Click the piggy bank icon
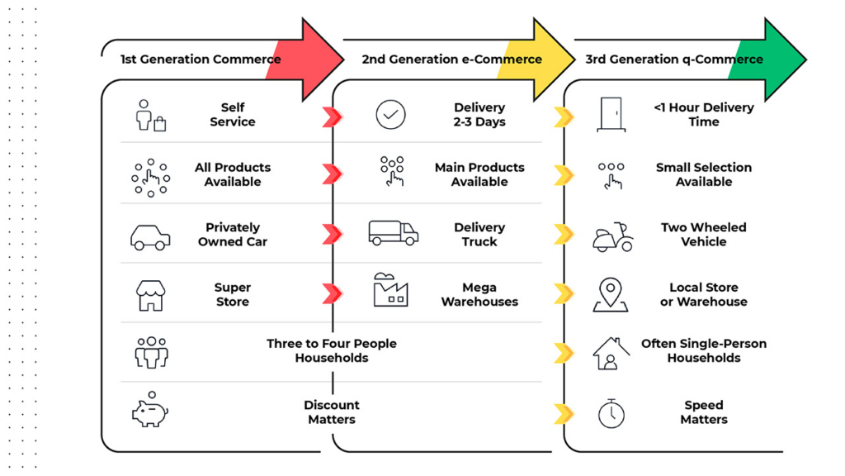(150, 411)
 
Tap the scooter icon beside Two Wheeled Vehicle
(612, 236)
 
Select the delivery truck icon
(393, 233)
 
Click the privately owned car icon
(150, 236)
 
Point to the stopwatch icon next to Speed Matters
(611, 412)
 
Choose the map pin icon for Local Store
(611, 295)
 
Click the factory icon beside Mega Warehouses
(391, 290)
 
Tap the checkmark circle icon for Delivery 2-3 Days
(390, 114)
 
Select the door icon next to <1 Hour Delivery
(611, 114)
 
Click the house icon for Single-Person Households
(611, 353)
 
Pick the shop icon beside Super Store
(150, 295)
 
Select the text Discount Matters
(332, 412)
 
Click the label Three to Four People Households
(332, 350)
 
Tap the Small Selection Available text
(704, 174)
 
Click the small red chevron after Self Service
(332, 117)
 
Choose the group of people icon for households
(151, 352)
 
